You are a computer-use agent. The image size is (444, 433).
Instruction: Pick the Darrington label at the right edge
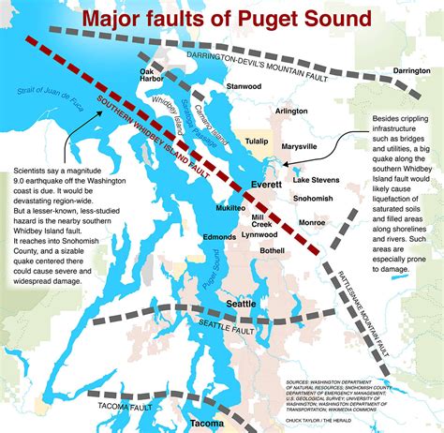(x=411, y=70)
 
